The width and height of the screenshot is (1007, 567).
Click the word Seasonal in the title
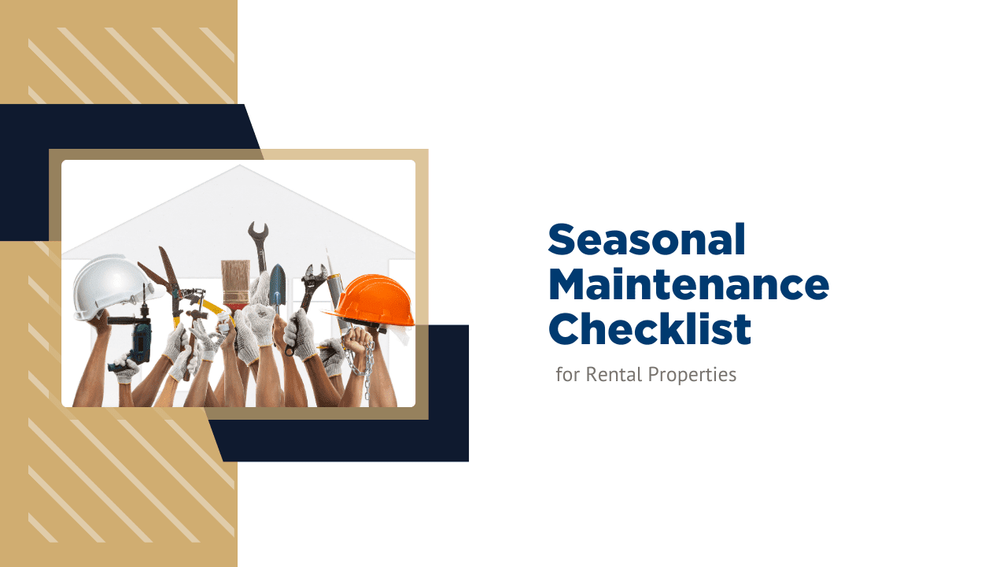point(647,239)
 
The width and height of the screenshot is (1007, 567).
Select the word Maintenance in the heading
point(688,284)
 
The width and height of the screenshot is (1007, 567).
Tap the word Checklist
point(650,329)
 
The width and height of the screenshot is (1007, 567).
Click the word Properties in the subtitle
point(692,376)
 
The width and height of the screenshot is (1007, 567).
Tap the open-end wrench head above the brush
point(257,234)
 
